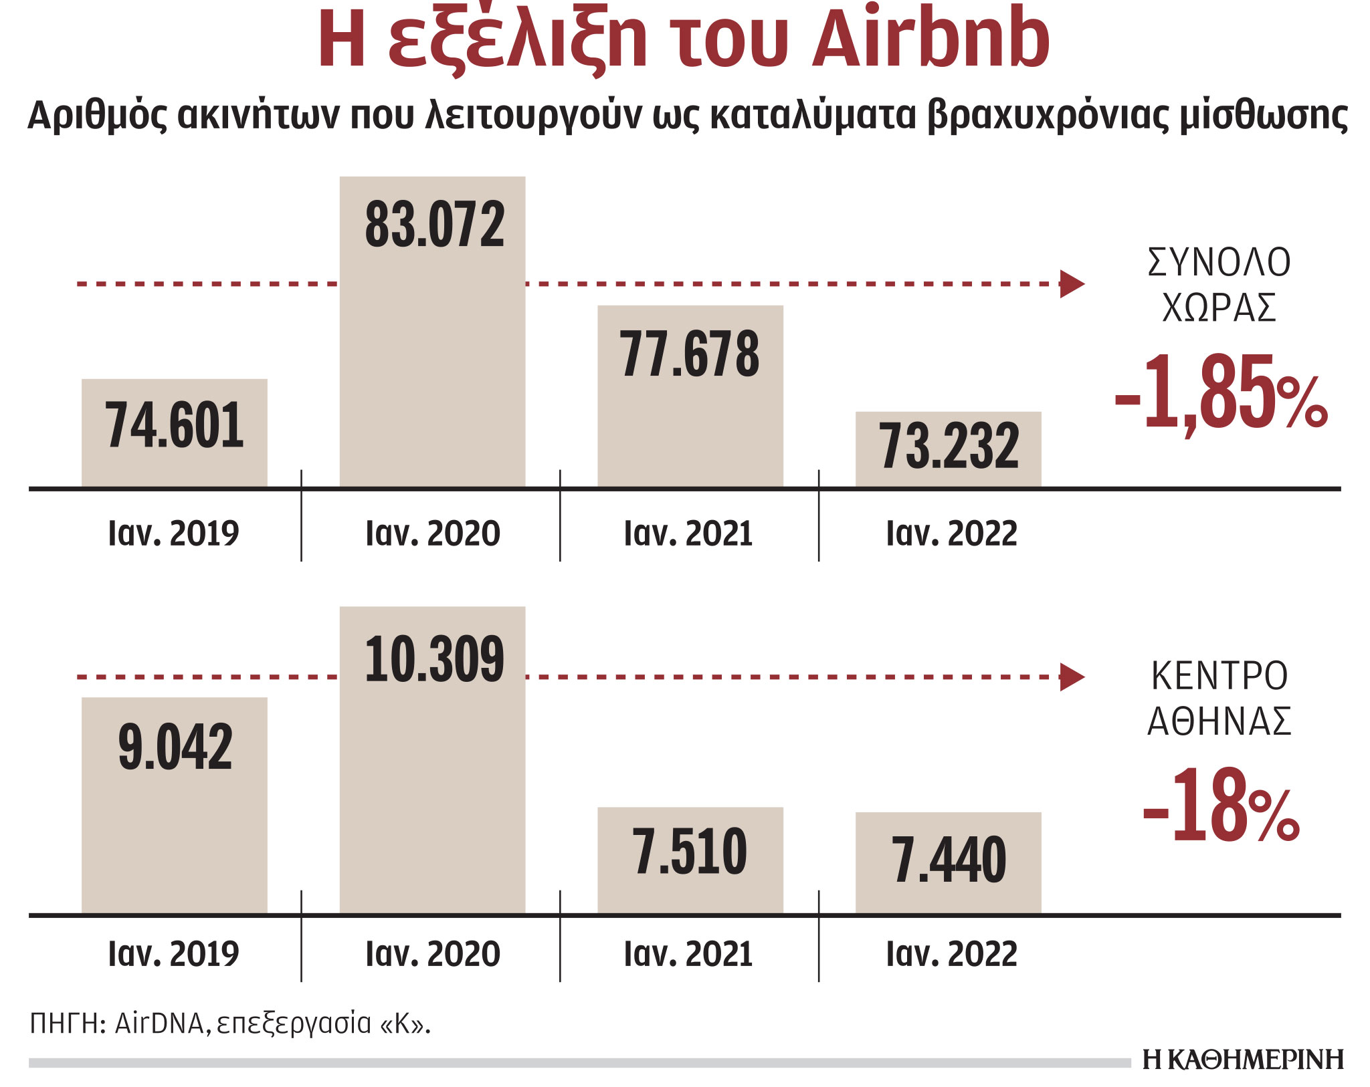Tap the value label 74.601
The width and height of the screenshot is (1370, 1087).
tap(175, 426)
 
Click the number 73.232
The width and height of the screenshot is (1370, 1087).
tap(949, 446)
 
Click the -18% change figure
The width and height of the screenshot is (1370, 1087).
tap(1220, 806)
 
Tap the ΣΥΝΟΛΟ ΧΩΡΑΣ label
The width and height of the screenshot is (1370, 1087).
tap(1219, 285)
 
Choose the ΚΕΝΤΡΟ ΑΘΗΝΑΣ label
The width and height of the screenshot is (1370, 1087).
tap(1219, 698)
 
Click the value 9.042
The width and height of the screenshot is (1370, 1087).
tap(175, 747)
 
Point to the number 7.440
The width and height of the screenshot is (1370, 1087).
tap(949, 861)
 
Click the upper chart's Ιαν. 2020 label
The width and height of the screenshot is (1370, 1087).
tap(432, 533)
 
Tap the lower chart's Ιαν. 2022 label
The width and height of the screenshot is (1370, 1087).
tap(951, 954)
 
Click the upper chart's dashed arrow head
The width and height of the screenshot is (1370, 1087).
tap(1071, 284)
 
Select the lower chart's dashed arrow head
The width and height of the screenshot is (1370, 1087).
tap(1071, 677)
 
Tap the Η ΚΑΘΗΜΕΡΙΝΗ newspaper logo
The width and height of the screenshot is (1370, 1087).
tap(1243, 1060)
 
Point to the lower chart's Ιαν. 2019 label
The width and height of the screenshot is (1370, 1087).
tap(173, 954)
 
